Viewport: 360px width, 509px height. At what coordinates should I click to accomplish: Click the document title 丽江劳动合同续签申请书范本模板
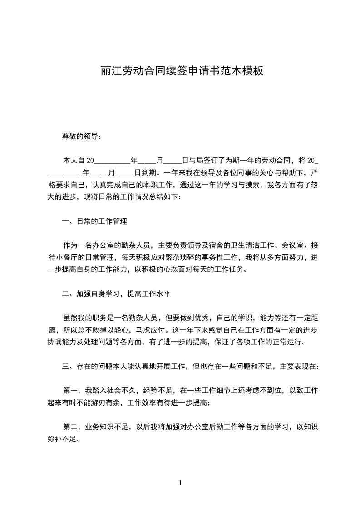coord(182,71)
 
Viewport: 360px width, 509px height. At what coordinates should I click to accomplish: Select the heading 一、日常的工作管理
coord(94,221)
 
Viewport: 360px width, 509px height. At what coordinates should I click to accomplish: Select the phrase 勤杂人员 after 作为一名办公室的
coord(138,245)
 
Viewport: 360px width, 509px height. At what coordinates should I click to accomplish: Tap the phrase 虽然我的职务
coord(86,318)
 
